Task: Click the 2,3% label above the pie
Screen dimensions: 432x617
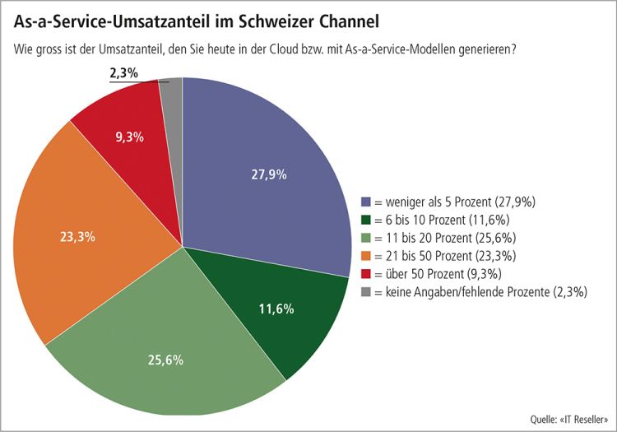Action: pyautogui.click(x=123, y=73)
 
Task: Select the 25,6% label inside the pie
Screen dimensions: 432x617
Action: pyautogui.click(x=165, y=360)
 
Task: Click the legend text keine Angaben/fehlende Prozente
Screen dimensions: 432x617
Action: pyautogui.click(x=487, y=292)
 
